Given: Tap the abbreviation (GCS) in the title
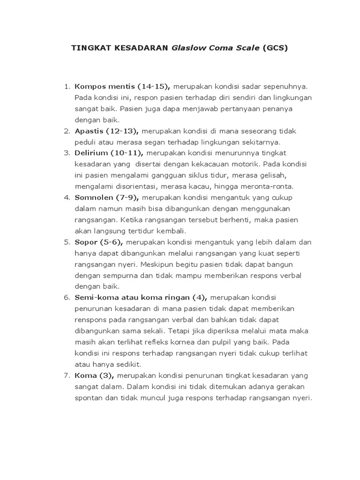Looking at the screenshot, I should click(275, 48).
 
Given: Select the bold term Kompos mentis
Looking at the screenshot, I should click(104, 87).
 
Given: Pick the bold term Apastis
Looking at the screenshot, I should click(90, 131).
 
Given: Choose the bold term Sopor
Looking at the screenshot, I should click(85, 242).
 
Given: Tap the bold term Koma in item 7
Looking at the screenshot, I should click(85, 375).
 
